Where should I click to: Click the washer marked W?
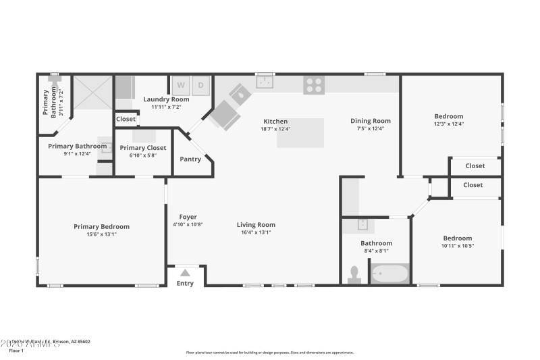pyautogui.click(x=181, y=86)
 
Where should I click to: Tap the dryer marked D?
pyautogui.click(x=201, y=86)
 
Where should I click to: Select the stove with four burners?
pyautogui.click(x=313, y=85)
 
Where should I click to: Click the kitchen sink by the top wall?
pyautogui.click(x=265, y=82)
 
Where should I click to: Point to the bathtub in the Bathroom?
pyautogui.click(x=389, y=274)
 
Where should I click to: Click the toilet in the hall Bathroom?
pyautogui.click(x=353, y=274)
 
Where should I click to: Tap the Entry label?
pyautogui.click(x=185, y=283)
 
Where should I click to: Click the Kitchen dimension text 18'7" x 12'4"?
pyautogui.click(x=275, y=129)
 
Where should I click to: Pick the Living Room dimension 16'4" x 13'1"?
pyautogui.click(x=256, y=232)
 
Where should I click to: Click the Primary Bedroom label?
pyautogui.click(x=101, y=226)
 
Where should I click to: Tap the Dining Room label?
pyautogui.click(x=371, y=121)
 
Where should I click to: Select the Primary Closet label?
pyautogui.click(x=143, y=147)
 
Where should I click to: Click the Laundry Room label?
pyautogui.click(x=166, y=99)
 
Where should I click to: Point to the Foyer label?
pyautogui.click(x=188, y=217)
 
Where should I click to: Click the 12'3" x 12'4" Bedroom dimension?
pyautogui.click(x=448, y=124)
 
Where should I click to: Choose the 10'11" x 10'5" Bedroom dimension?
pyautogui.click(x=457, y=245)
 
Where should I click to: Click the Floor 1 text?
pyautogui.click(x=16, y=351)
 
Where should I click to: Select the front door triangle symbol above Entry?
pyautogui.click(x=186, y=273)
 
